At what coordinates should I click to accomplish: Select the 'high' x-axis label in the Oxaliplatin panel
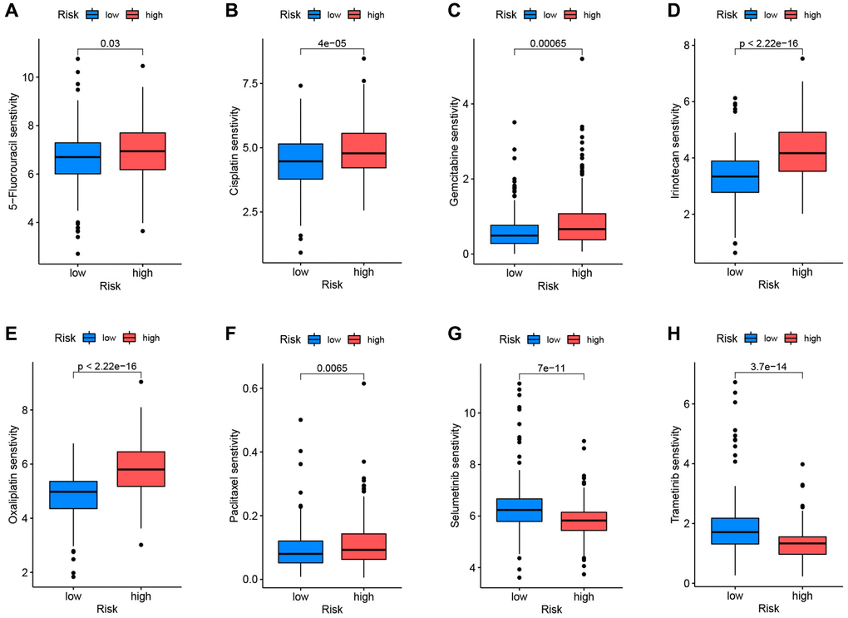click(141, 595)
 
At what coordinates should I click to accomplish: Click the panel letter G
click(452, 336)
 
